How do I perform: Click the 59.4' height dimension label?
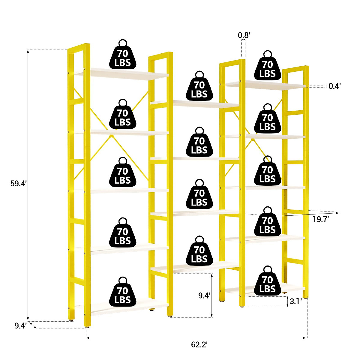(x=19, y=184)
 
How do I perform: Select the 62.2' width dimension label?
(x=199, y=345)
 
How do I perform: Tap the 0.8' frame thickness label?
(x=244, y=35)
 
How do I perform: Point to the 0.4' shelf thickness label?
(x=334, y=86)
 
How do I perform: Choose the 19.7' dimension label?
(x=321, y=219)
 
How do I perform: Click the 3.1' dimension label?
(x=295, y=301)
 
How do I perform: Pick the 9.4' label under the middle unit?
(x=204, y=295)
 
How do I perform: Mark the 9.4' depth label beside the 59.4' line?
(x=21, y=325)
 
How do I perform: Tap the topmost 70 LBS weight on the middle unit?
(x=199, y=88)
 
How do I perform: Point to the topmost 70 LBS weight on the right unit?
(x=267, y=67)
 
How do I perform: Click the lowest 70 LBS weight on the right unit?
(x=267, y=283)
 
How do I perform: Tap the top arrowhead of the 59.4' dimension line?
(x=28, y=51)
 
